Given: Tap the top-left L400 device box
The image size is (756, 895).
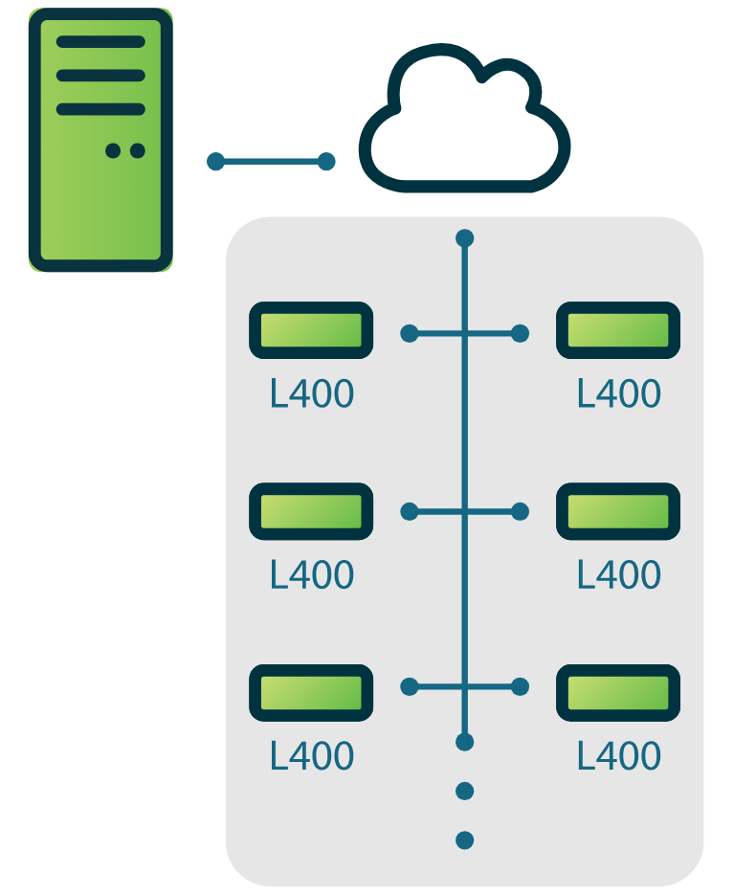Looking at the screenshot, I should [311, 330].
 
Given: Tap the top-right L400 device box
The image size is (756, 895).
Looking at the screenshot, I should [618, 330].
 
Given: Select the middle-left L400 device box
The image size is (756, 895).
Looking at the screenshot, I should [311, 511].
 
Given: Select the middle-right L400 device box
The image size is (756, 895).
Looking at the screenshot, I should [618, 511].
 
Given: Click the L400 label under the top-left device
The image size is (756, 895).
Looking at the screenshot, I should [312, 393].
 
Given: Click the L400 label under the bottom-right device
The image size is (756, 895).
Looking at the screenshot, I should [619, 755].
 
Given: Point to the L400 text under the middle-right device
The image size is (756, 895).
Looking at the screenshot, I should [619, 574].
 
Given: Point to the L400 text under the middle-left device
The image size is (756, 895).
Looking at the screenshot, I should [312, 574].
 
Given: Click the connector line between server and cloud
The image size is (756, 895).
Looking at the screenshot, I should [271, 161].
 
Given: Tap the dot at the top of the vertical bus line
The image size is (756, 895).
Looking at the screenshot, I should [465, 237].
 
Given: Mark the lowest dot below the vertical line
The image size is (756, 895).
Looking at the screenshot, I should [465, 840].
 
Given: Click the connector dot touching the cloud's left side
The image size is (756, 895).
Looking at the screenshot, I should [326, 161].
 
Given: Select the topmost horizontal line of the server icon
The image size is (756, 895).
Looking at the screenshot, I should [100, 42].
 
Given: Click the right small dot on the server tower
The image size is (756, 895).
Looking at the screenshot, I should [137, 150].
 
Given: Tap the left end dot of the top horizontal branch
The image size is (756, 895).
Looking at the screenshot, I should [410, 333].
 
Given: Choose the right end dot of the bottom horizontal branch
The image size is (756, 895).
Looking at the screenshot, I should [521, 686].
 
